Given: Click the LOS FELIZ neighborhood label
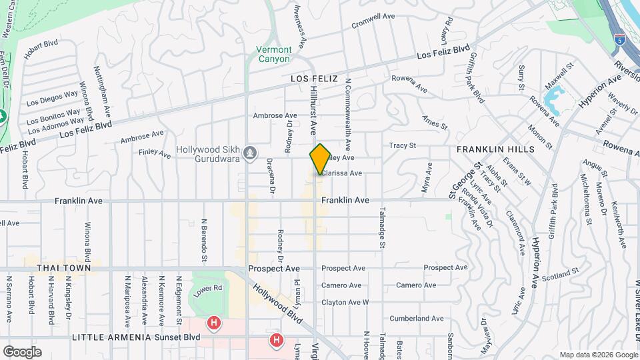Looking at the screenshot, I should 310,79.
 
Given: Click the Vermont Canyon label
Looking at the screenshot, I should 274,54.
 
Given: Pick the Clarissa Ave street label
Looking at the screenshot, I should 343,173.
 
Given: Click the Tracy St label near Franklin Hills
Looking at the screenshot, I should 403,145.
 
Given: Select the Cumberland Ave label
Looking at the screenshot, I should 417,319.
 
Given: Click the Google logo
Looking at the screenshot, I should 21,352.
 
